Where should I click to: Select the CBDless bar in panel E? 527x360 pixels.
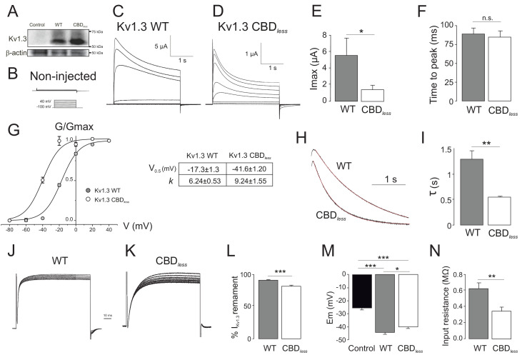373,95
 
